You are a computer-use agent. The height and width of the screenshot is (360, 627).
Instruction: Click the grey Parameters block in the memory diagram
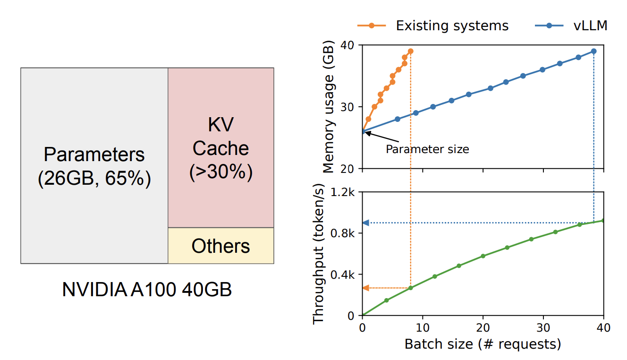click(94, 165)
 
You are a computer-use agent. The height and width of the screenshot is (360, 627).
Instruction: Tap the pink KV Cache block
click(220, 147)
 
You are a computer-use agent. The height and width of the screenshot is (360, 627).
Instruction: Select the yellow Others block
click(220, 246)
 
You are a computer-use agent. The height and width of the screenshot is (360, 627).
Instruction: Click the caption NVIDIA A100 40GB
click(147, 290)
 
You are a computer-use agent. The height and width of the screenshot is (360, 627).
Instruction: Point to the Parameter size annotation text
click(427, 149)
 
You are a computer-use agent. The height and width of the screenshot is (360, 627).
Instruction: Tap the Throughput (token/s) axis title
click(319, 254)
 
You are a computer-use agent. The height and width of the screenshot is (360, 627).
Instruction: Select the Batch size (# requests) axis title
click(483, 344)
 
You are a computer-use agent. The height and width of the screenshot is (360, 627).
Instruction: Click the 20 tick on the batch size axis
click(483, 327)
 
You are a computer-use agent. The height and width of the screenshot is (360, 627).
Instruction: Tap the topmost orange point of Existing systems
click(410, 51)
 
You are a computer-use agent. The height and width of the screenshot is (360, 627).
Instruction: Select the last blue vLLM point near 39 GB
click(593, 51)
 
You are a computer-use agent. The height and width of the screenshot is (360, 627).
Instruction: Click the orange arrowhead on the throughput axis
click(365, 288)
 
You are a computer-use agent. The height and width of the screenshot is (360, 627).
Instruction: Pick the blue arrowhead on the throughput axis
click(365, 223)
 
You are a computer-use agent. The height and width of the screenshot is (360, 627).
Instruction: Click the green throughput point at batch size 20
click(483, 256)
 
